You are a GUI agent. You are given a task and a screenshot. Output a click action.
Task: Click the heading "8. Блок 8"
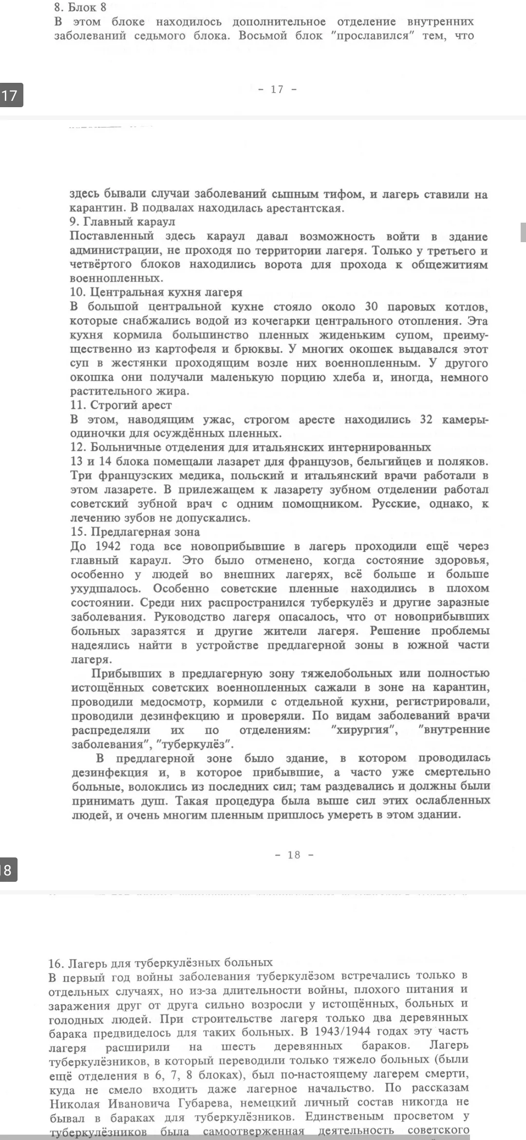point(80,7)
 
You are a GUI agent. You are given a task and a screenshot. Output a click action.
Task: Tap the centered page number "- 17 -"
point(277,89)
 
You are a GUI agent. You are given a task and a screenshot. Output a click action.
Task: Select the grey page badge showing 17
point(10,95)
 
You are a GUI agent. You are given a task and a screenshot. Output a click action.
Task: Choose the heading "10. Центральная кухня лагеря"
point(156,292)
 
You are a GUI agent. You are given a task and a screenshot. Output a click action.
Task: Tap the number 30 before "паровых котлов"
point(372,307)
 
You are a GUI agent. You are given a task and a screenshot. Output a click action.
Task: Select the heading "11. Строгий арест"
point(121,405)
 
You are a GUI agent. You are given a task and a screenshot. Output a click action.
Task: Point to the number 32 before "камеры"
point(426,419)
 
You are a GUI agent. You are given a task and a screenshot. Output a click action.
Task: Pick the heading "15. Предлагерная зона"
point(135,532)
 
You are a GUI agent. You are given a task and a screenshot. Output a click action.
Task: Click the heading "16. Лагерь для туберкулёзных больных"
point(160,963)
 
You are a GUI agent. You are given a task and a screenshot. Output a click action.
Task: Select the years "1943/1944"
point(341,1031)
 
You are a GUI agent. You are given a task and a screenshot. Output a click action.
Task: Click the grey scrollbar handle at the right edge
point(523,232)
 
